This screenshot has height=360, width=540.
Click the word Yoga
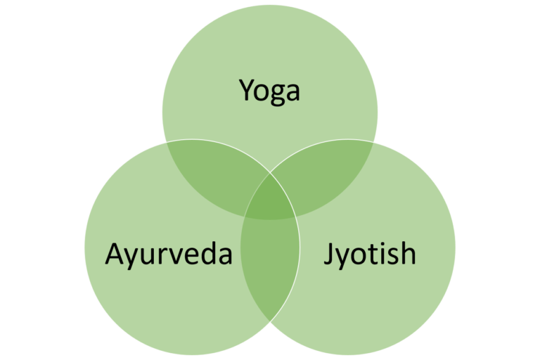pos(269,91)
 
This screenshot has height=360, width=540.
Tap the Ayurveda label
pos(169,255)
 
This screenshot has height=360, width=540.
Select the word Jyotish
pos(370,255)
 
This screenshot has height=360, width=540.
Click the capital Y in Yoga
pos(247,90)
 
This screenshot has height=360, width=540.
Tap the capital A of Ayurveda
pos(115,253)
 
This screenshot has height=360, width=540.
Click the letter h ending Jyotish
pos(409,252)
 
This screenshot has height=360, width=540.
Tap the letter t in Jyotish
pos(374,255)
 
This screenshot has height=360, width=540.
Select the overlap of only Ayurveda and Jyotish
pos(270,269)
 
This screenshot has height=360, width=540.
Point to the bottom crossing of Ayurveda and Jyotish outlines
pos(270,321)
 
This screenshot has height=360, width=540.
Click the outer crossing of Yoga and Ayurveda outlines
pos(167,142)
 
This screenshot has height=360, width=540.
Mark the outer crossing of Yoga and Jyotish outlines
pos(373,142)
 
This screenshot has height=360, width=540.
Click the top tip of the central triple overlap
pos(270,174)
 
